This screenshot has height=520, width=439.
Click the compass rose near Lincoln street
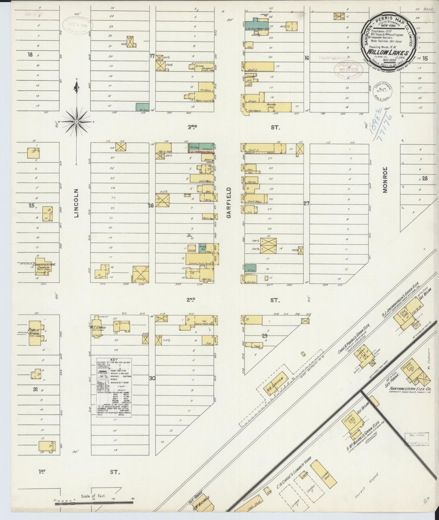coord(77,121)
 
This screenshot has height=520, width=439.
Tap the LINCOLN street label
coord(77,203)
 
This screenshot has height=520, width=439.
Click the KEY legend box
coord(114,387)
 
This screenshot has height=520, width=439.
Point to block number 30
coord(152,378)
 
